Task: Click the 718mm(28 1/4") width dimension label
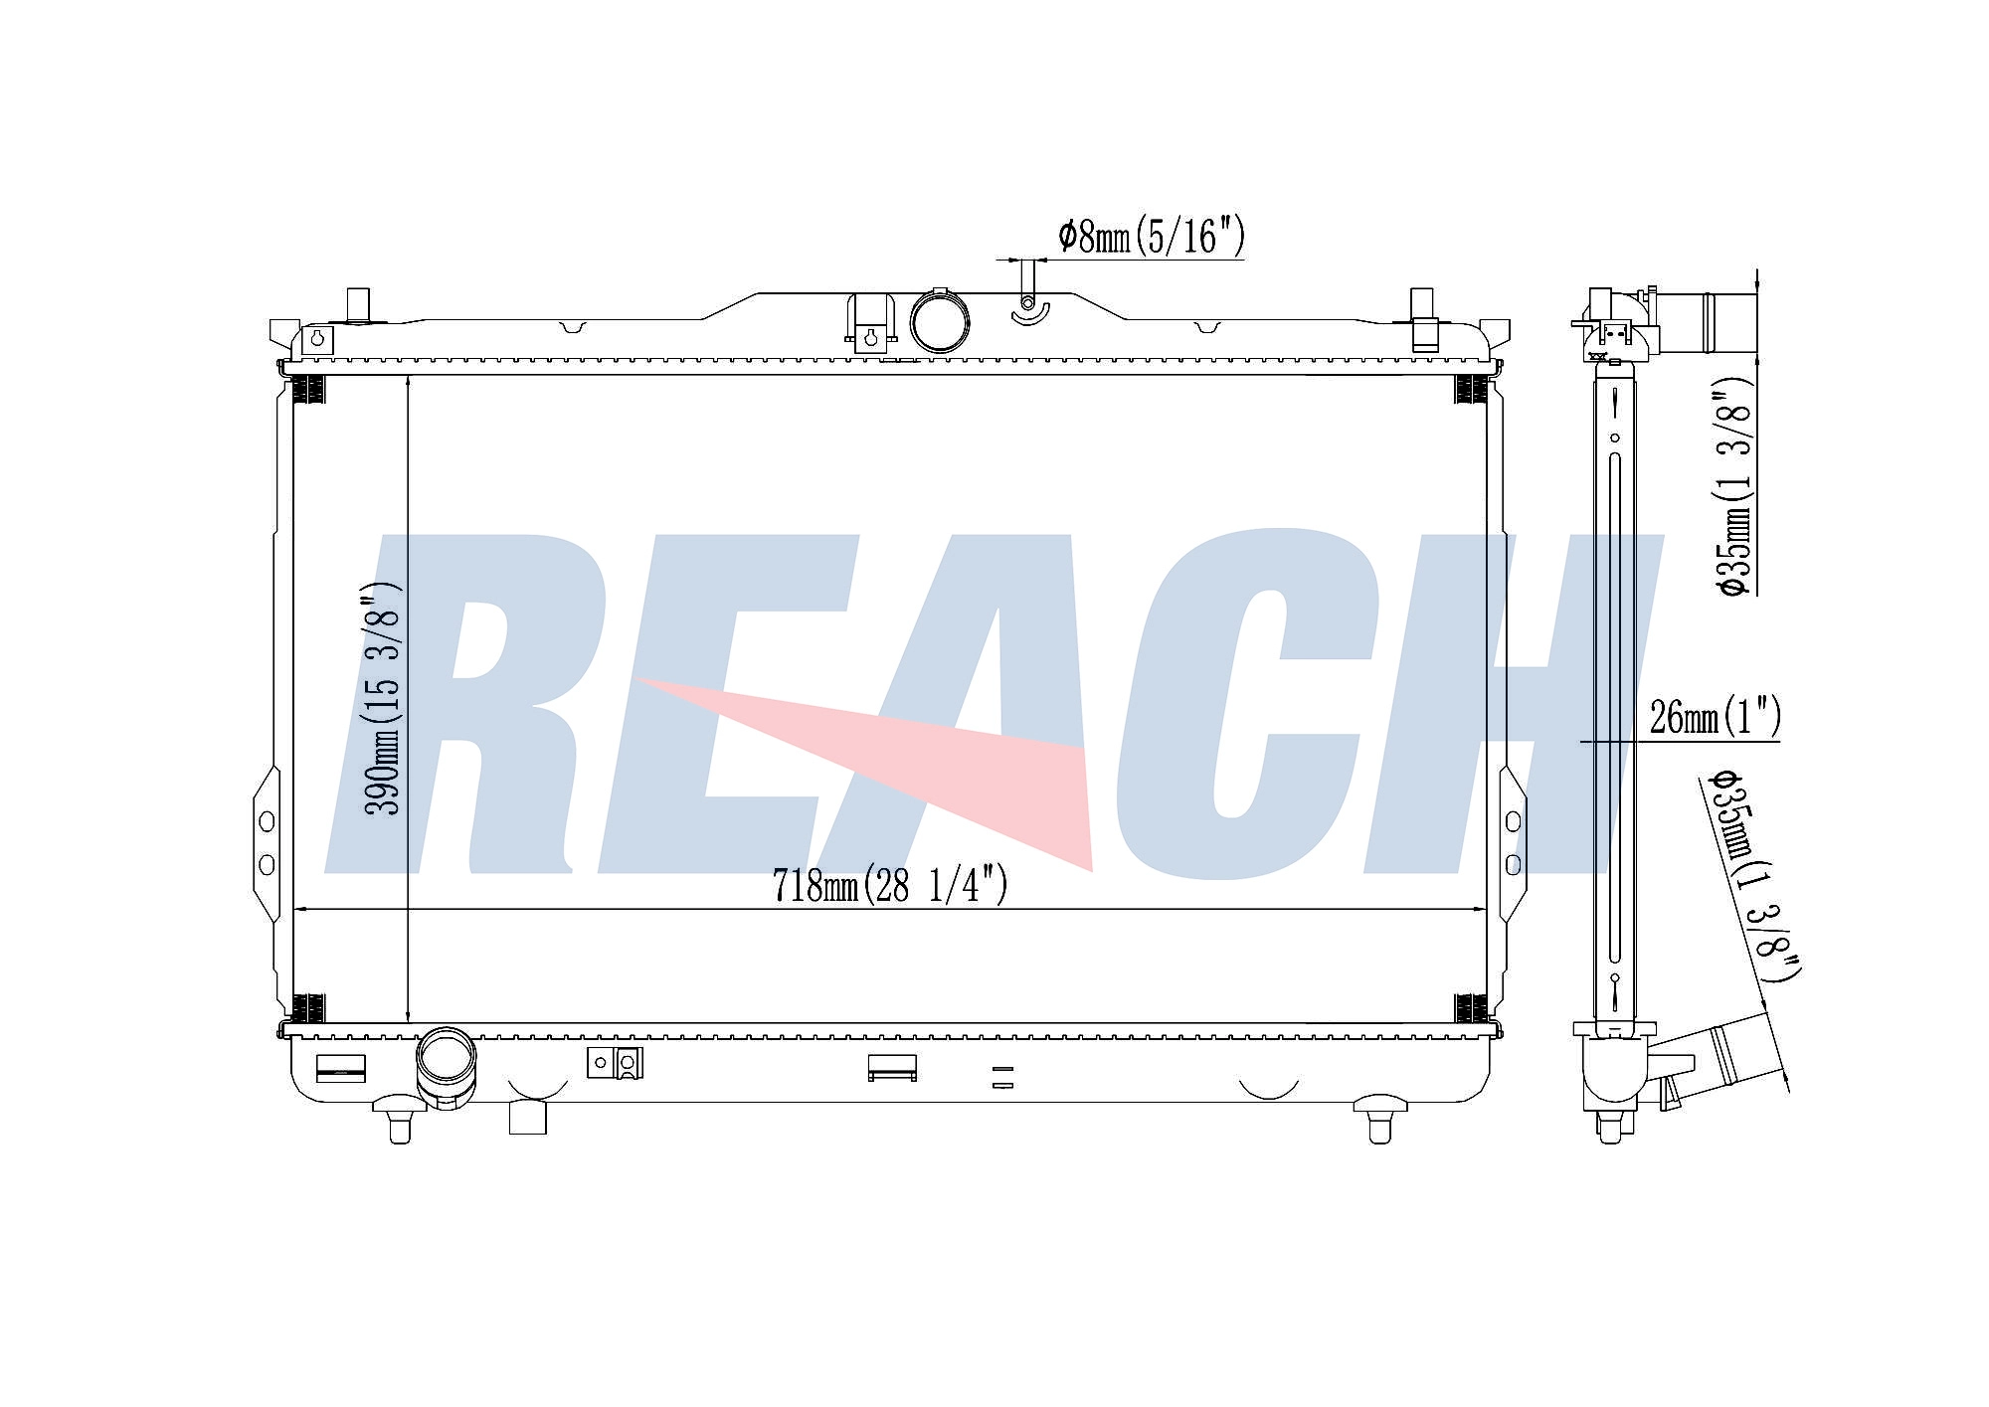pyautogui.click(x=890, y=885)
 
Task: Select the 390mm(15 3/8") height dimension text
pyautogui.click(x=384, y=698)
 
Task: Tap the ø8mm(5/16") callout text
pyautogui.click(x=1152, y=237)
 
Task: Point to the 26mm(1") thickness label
pyautogui.click(x=1715, y=716)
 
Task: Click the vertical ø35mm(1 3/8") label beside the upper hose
pyautogui.click(x=1732, y=487)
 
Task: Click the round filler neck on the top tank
pyautogui.click(x=939, y=321)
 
